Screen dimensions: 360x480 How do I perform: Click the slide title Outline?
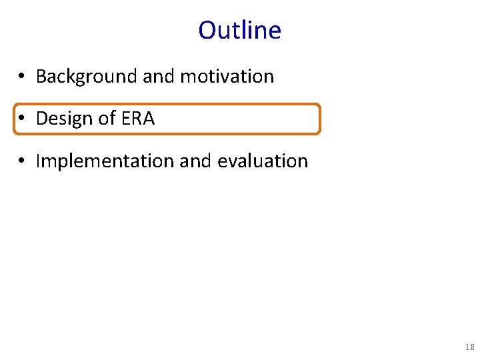[240, 31]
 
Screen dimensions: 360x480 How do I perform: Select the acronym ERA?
[138, 119]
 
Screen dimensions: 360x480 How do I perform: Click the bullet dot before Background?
[22, 77]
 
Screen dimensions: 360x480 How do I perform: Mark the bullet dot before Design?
[22, 119]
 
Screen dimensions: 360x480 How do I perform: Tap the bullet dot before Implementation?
[22, 162]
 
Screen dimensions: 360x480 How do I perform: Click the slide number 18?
[469, 347]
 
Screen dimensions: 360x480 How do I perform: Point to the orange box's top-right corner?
[319, 105]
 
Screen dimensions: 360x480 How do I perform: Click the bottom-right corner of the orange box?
[319, 133]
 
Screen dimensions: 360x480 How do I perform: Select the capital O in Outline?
[207, 31]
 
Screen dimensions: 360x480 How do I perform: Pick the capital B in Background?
[41, 77]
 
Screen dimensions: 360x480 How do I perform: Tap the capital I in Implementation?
[38, 161]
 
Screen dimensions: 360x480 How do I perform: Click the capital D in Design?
[42, 119]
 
